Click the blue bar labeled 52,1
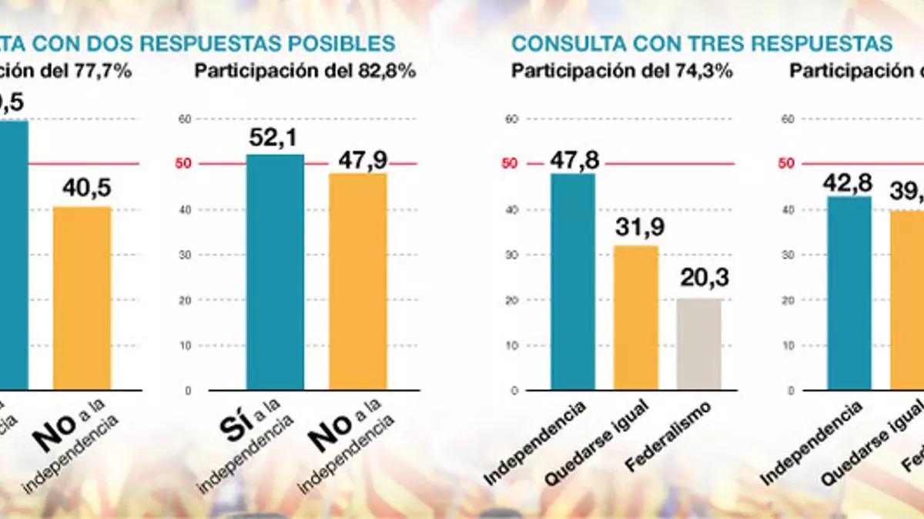click(x=275, y=273)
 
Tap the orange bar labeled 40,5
click(x=82, y=298)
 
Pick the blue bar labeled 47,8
click(x=573, y=282)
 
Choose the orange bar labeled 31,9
click(x=636, y=318)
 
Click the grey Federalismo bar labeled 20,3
click(x=699, y=344)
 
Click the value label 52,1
click(x=275, y=138)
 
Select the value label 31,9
click(x=636, y=228)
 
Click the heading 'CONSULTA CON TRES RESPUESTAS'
click(x=702, y=43)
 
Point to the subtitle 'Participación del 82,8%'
click(x=305, y=72)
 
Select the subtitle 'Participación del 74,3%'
click(x=621, y=72)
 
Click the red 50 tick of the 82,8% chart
click(x=183, y=164)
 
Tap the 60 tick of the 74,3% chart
click(x=508, y=119)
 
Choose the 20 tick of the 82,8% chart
click(x=183, y=301)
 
